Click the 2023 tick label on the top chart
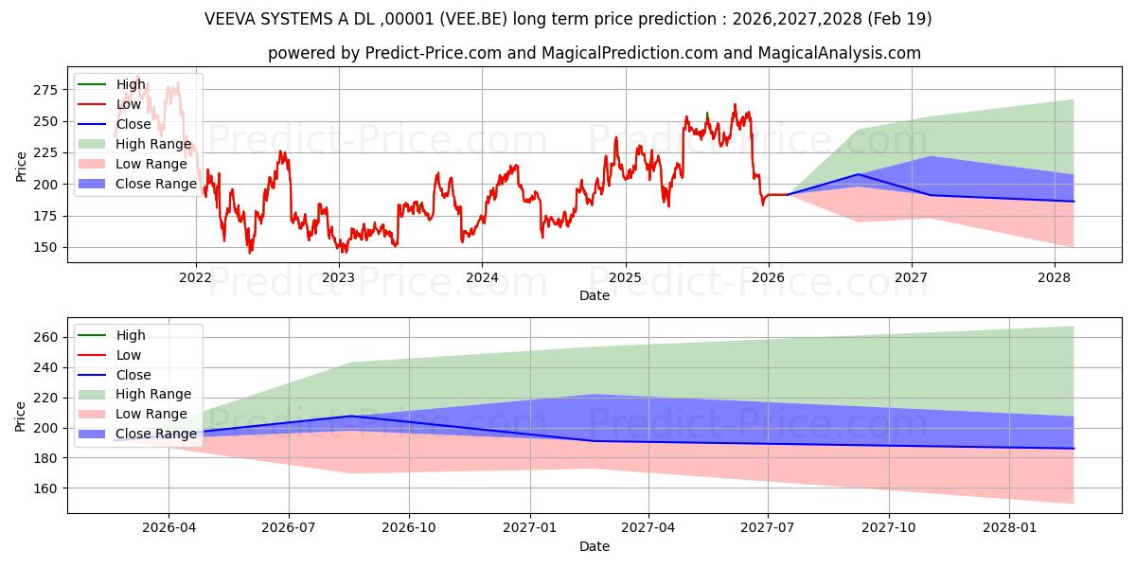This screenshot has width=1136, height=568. (339, 278)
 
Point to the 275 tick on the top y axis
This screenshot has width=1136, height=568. (45, 90)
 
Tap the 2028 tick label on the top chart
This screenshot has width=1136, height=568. (1054, 278)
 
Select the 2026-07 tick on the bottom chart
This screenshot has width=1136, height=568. (289, 528)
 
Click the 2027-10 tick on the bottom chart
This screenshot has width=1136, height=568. (889, 528)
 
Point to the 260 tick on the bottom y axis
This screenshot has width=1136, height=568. (45, 337)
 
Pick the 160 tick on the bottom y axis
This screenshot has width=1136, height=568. (45, 488)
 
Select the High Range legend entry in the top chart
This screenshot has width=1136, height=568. (134, 144)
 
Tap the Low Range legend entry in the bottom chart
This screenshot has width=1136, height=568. (133, 414)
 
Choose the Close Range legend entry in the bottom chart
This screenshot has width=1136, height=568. (137, 434)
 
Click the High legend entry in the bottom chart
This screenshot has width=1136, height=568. (111, 335)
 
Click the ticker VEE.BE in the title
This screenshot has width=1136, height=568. (473, 19)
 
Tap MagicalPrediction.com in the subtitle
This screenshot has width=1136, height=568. (630, 53)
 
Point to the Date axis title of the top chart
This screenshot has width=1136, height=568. (595, 295)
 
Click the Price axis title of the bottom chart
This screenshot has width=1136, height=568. (20, 417)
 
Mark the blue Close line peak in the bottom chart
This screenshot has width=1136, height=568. (351, 416)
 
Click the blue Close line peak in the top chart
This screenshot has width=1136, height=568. (858, 174)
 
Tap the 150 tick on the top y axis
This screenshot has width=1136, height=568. (45, 247)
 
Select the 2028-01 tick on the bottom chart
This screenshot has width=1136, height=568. (1009, 528)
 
